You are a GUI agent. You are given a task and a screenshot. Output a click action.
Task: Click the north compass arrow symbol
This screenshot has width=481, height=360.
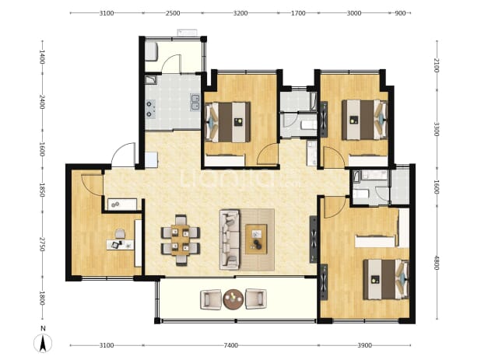click(x=43, y=343)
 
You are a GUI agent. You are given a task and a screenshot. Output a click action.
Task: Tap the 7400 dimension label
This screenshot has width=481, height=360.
click(x=230, y=345)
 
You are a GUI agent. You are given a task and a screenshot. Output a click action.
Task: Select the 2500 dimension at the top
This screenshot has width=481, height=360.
click(x=173, y=13)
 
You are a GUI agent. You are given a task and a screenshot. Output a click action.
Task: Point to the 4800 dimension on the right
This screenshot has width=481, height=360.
click(x=437, y=263)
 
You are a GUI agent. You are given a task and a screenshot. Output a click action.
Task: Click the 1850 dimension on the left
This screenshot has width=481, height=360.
click(x=42, y=190)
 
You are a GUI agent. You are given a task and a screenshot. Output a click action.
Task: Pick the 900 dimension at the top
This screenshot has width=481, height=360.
click(x=400, y=13)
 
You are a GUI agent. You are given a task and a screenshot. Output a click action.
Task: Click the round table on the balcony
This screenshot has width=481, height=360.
click(x=233, y=299)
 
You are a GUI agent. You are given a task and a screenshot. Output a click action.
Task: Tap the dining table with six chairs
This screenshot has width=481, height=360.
click(x=181, y=239)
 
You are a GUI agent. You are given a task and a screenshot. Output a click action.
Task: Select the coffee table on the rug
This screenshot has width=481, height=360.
click(x=256, y=239)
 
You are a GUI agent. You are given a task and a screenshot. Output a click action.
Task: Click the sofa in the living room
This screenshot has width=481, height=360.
click(x=230, y=239)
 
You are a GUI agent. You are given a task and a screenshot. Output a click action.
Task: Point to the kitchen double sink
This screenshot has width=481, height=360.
click(x=195, y=102)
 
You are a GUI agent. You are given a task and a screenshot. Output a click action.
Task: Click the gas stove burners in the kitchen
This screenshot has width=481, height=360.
click(x=150, y=109)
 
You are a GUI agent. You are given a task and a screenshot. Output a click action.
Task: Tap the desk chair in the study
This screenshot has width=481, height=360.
click(x=120, y=234)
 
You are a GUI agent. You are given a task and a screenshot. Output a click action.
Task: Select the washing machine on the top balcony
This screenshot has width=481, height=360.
click(x=151, y=51)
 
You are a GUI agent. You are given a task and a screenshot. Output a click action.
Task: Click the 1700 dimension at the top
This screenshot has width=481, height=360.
click(x=298, y=13)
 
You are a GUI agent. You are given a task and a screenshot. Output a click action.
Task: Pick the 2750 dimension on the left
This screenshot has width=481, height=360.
click(x=42, y=244)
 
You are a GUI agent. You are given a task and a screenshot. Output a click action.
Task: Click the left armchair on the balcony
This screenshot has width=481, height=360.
click(x=211, y=299)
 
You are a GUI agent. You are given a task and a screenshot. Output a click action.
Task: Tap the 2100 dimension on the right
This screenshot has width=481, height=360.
click(x=437, y=65)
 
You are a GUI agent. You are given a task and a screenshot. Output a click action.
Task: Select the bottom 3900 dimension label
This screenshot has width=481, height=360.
click(x=364, y=345)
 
